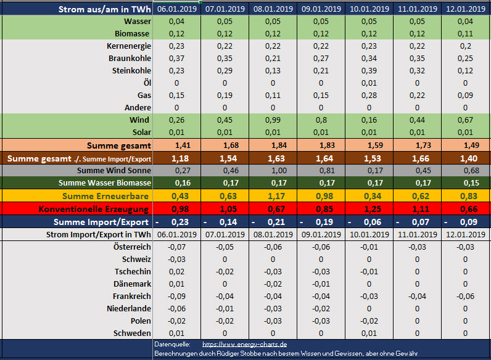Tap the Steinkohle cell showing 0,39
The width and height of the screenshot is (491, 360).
[x=369, y=70]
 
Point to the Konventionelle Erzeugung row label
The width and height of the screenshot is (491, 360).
[x=94, y=209]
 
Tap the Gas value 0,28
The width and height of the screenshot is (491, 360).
[x=369, y=96]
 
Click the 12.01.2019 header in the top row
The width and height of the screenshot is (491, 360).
[x=465, y=9]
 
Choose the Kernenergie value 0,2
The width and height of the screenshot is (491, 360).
[x=465, y=46]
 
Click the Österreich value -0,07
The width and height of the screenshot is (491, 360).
[x=176, y=247]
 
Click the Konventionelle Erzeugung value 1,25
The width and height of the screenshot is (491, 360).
[x=369, y=209]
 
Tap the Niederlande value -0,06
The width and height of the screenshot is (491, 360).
[x=176, y=308]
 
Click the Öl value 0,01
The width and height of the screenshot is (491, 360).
[x=369, y=83]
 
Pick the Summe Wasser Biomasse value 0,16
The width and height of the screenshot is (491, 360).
[x=176, y=183]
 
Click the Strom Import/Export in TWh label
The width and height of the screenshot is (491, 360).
[x=99, y=234]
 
